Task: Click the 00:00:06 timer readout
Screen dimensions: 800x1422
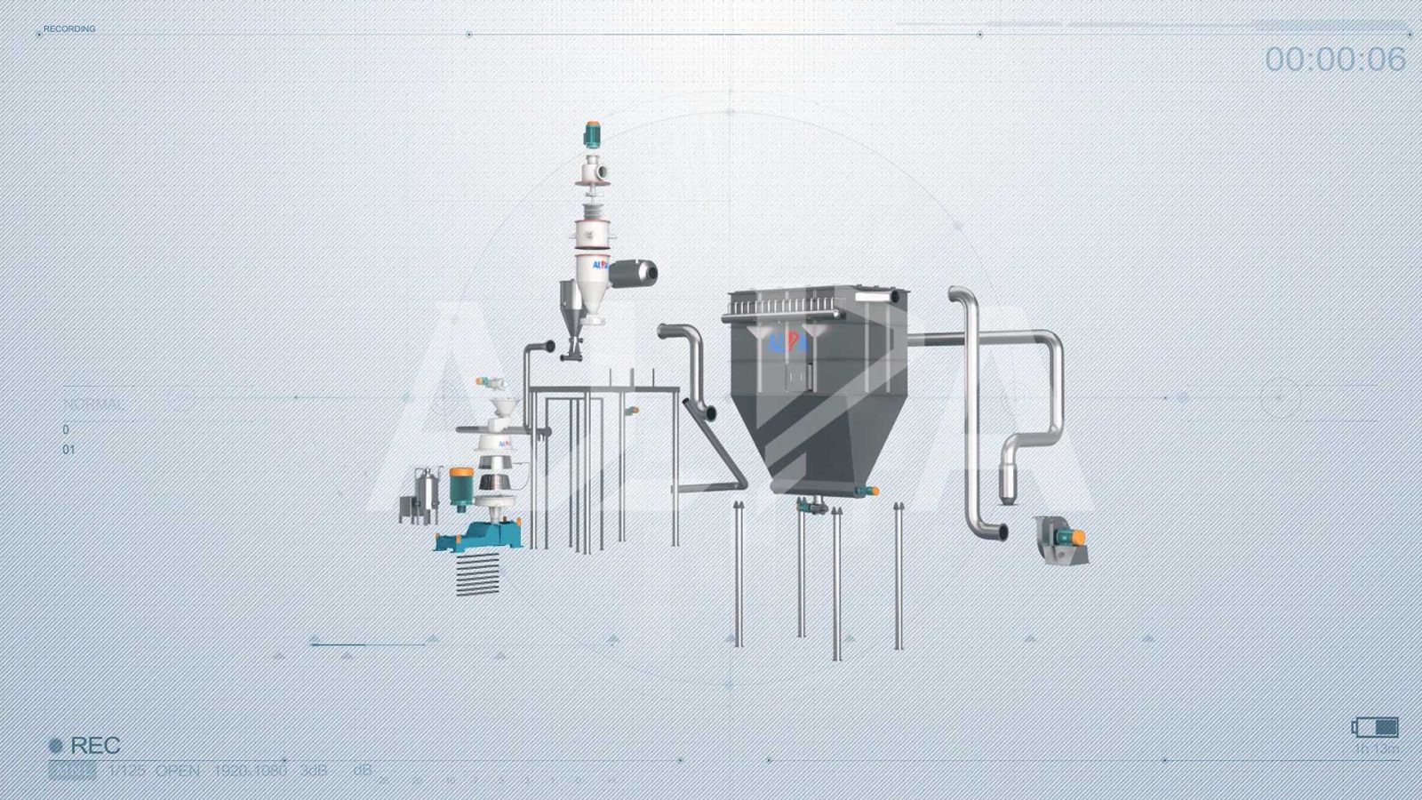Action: click(x=1335, y=60)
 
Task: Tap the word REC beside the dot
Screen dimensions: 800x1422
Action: click(x=95, y=745)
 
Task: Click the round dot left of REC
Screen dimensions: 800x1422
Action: click(x=56, y=746)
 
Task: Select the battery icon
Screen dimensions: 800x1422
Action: click(x=1376, y=727)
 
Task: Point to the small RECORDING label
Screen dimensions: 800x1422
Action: click(x=69, y=29)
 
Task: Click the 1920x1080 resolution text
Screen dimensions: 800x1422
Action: click(x=250, y=770)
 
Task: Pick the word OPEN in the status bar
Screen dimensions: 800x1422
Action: click(x=178, y=770)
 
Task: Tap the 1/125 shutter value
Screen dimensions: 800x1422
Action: click(x=126, y=770)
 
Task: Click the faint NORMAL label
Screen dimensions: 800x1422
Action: click(x=93, y=404)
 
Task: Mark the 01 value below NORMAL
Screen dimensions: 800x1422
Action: click(x=68, y=450)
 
